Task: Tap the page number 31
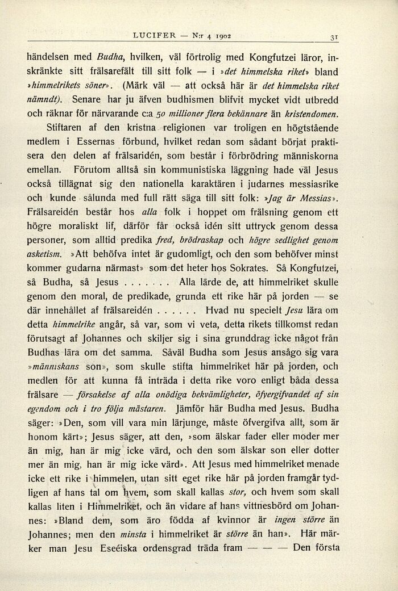pyautogui.click(x=334, y=37)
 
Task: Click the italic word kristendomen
pyautogui.click(x=310, y=114)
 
